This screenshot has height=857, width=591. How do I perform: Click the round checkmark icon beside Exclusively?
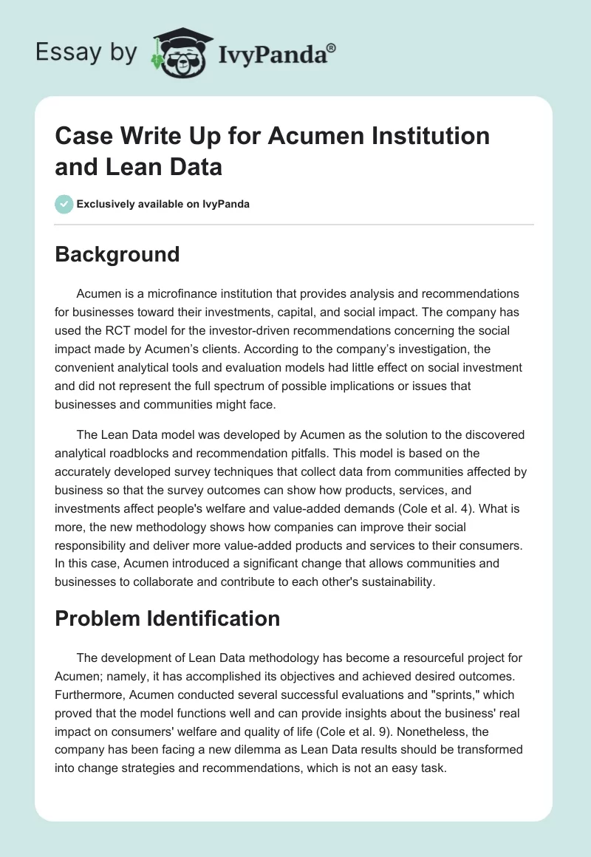tap(64, 204)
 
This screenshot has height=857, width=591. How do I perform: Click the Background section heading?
tap(117, 254)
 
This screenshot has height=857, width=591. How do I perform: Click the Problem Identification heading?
tap(167, 618)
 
